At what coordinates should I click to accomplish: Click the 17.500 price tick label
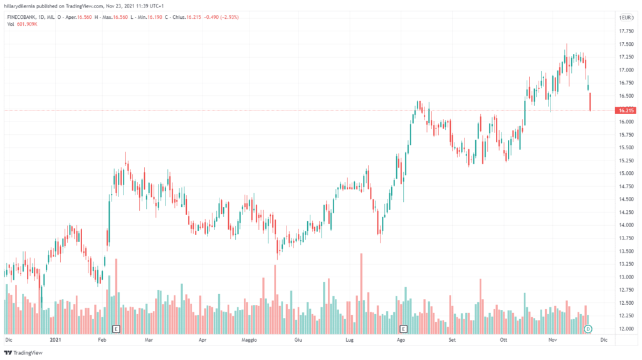click(626, 44)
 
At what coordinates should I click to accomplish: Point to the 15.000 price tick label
click(626, 173)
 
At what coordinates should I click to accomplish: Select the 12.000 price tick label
click(626, 329)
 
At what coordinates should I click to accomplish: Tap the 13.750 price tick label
click(626, 238)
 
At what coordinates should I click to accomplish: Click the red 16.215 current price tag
click(626, 110)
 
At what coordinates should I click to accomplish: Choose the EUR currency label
click(626, 18)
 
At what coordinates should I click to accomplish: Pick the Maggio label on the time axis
click(249, 339)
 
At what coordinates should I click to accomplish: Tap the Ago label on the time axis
click(400, 339)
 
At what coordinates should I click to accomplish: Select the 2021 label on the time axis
click(55, 339)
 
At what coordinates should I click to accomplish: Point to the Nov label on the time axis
click(553, 339)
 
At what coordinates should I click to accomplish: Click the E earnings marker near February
click(115, 329)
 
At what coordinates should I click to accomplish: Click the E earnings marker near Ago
click(403, 329)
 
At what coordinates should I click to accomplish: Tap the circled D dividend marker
click(588, 329)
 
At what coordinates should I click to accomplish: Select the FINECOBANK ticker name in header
click(24, 18)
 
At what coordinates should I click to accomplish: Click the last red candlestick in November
click(591, 102)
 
